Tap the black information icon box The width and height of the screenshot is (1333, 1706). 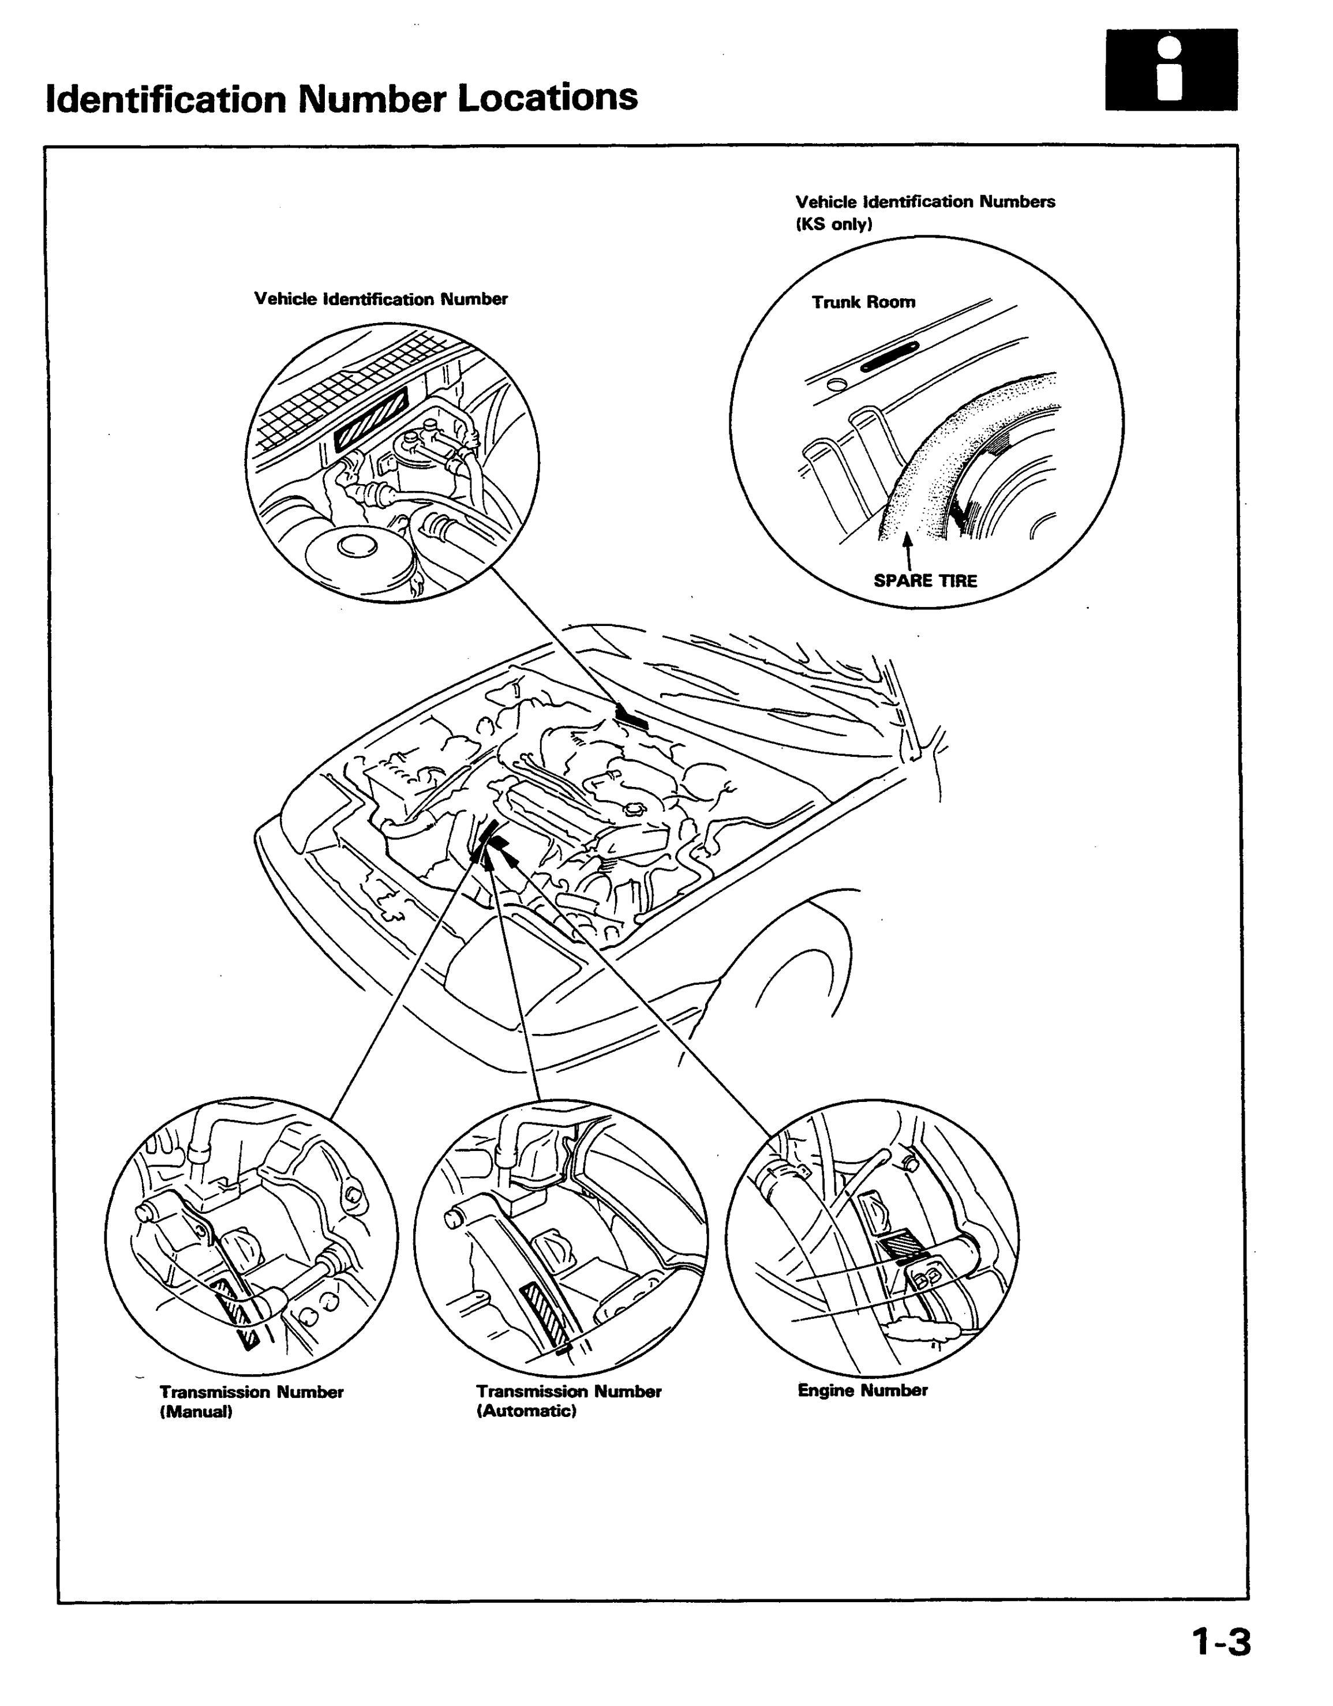pos(1171,70)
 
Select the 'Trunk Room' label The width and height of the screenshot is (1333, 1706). pos(863,302)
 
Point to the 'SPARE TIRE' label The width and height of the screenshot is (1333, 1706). pos(924,581)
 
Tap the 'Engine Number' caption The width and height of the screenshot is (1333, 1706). pos(863,1390)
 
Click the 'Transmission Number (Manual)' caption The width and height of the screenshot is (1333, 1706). pos(252,1402)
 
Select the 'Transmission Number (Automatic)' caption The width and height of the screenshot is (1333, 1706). pos(569,1401)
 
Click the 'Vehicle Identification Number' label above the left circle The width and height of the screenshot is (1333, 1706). pos(380,299)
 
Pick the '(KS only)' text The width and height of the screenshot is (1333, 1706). pos(834,224)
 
